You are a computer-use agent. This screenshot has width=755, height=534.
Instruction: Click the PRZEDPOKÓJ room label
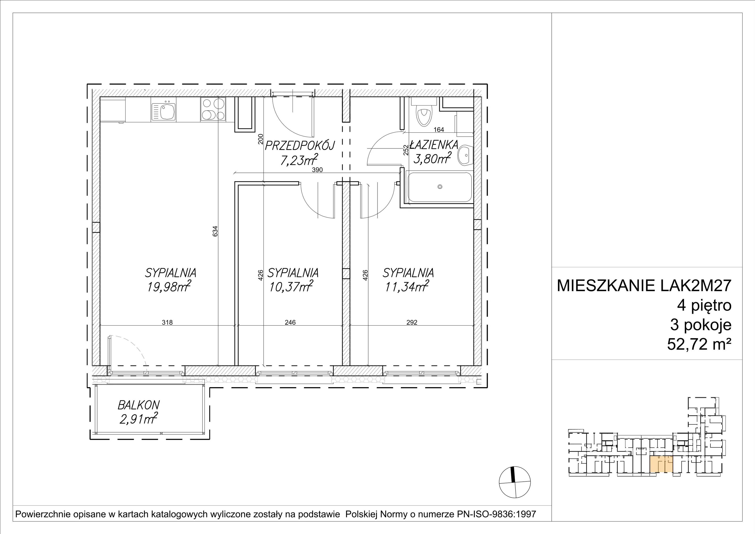pos(300,145)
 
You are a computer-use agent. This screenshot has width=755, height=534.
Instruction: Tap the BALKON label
pos(139,405)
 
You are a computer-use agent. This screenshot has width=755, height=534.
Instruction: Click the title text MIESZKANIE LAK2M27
pos(644,286)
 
